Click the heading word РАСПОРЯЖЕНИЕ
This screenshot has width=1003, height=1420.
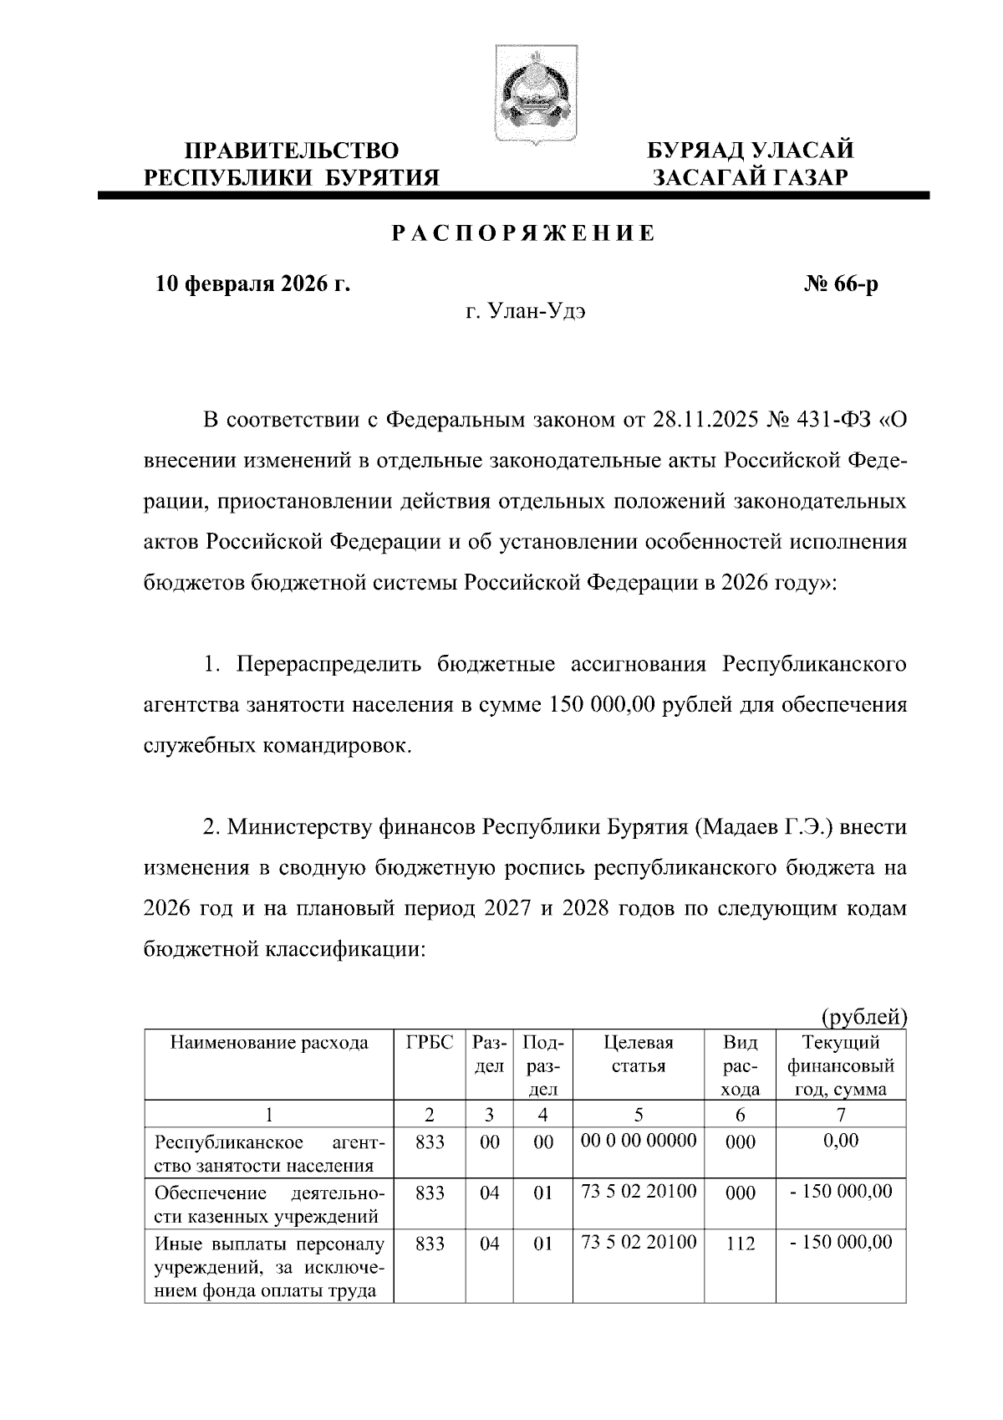click(x=525, y=233)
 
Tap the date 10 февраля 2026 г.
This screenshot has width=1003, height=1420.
click(x=253, y=284)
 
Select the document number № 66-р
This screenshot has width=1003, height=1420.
click(x=841, y=284)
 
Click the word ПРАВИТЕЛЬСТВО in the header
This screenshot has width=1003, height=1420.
click(x=292, y=151)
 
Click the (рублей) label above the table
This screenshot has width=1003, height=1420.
click(x=864, y=1016)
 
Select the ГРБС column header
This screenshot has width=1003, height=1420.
click(x=430, y=1043)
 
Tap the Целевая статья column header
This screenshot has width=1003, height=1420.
click(x=638, y=1055)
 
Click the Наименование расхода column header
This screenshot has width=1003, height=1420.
click(x=269, y=1043)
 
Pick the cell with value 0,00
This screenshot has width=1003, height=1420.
click(x=841, y=1141)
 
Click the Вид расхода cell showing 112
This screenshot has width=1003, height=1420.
click(x=741, y=1244)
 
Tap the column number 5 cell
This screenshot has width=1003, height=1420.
click(x=639, y=1114)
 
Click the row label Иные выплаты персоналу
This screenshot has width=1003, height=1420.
click(x=269, y=1244)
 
